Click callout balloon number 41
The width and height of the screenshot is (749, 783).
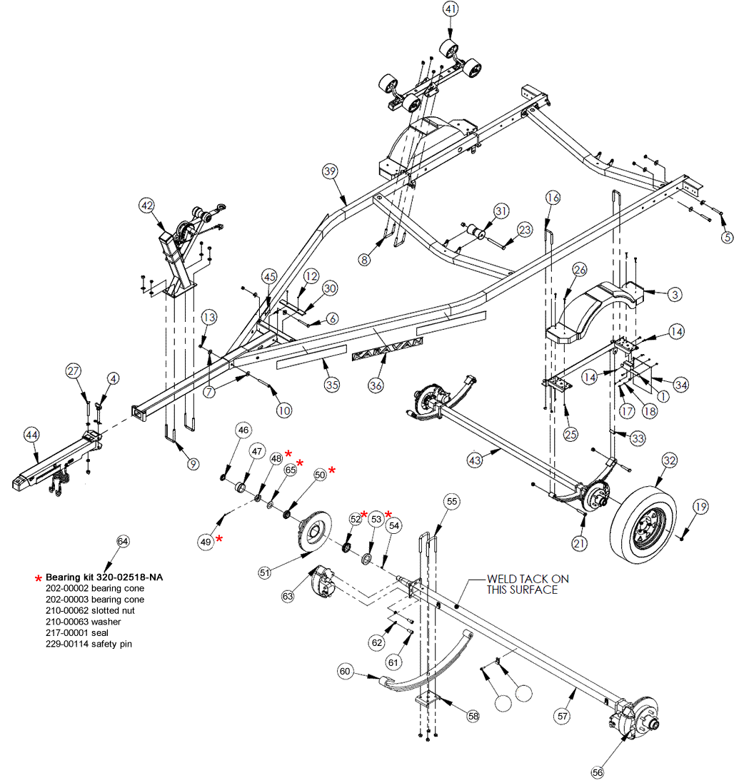pos(451,10)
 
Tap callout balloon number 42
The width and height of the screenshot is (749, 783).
pos(147,206)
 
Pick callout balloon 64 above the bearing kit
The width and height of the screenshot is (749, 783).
pos(124,542)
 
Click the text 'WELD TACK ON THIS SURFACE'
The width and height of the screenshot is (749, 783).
pos(528,584)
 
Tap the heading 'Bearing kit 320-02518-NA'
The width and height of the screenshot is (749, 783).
pos(104,577)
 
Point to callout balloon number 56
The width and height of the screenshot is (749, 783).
pos(598,772)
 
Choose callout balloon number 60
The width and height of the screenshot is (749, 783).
pos(346,671)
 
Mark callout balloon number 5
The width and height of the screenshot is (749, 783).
pos(727,237)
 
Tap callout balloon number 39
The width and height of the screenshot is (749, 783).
pos(329,171)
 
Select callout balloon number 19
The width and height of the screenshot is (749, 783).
pos(700,507)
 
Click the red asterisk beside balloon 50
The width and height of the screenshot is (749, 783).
pos(332,470)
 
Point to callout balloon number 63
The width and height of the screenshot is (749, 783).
pos(288,595)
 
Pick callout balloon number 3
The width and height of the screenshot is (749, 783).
pos(675,293)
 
